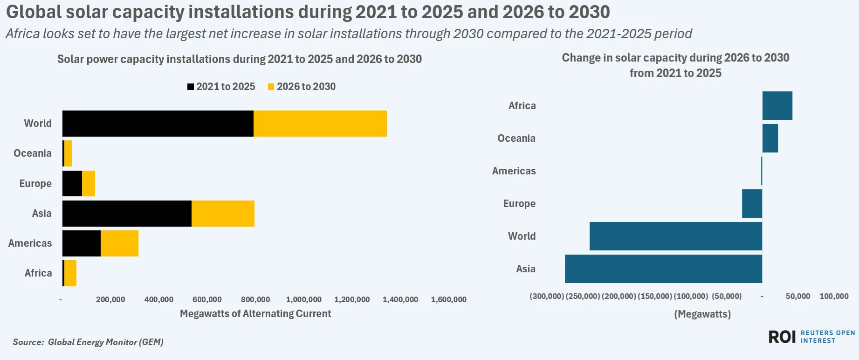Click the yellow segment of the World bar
coord(320,124)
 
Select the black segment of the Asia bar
coord(127,214)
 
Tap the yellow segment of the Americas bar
coord(119,243)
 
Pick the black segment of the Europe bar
coord(72,184)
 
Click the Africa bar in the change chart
coord(777,105)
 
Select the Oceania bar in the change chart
coord(770,138)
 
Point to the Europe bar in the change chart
coord(752,203)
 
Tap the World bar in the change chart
coord(676,236)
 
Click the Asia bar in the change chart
coord(663,269)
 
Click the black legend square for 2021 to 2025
coord(191,87)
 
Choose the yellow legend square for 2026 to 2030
coord(271,87)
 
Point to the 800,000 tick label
coord(255,299)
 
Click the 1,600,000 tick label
coord(449,299)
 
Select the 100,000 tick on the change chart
coord(834,296)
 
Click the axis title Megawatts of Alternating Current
coord(255,314)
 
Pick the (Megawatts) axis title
coord(702,314)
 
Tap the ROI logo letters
coord(782,337)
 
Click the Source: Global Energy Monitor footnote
coord(88,342)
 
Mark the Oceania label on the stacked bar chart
coord(33,153)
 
